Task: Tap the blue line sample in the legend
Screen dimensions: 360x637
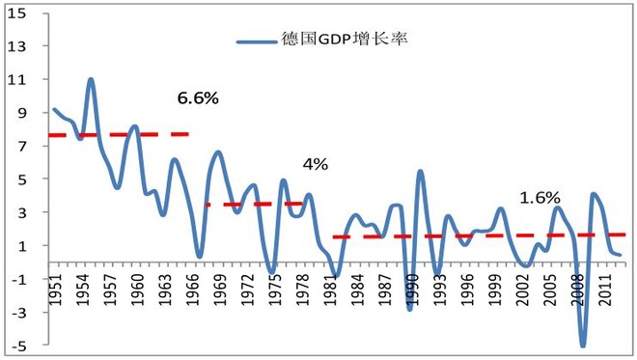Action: (x=258, y=42)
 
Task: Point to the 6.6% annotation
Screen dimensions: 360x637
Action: (x=198, y=97)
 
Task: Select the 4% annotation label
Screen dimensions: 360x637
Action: (x=316, y=164)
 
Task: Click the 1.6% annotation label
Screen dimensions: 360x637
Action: (x=540, y=198)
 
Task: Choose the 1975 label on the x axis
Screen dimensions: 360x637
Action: (x=273, y=287)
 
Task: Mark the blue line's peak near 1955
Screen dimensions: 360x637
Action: (x=91, y=79)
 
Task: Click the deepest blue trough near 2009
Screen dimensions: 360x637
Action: (x=583, y=345)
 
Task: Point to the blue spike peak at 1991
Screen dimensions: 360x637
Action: (x=420, y=172)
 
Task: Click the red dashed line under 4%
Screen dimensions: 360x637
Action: (x=256, y=204)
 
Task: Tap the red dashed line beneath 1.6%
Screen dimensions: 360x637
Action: (x=483, y=235)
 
